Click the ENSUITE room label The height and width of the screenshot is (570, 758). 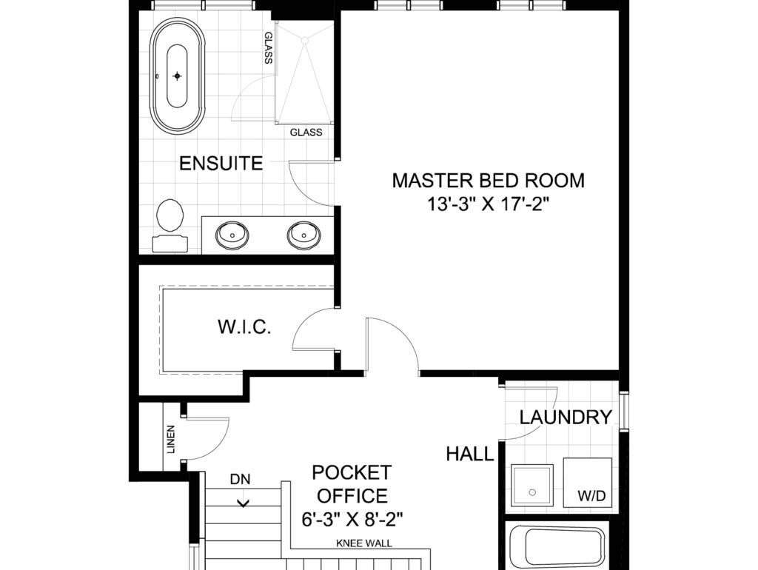221,164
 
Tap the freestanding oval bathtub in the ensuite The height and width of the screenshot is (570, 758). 178,76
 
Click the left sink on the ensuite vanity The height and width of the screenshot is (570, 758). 232,235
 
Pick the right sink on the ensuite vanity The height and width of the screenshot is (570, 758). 303,235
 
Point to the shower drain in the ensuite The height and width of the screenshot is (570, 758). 304,41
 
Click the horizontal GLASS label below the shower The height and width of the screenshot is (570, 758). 306,133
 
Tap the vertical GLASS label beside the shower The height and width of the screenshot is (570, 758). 269,48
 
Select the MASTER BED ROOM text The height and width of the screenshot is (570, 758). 489,181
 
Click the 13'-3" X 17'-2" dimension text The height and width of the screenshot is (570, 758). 489,204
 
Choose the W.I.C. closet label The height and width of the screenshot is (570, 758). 244,327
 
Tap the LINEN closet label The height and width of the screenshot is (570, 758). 171,440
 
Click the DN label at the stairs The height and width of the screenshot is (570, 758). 241,480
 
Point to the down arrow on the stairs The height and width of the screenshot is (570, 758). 243,503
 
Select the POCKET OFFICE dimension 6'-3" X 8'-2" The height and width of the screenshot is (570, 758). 352,520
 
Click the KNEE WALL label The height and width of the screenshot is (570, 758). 364,544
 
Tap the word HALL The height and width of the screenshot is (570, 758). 470,454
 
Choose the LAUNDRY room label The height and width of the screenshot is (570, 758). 566,417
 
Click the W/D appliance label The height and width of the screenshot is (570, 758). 591,497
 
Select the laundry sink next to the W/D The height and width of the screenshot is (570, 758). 532,485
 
